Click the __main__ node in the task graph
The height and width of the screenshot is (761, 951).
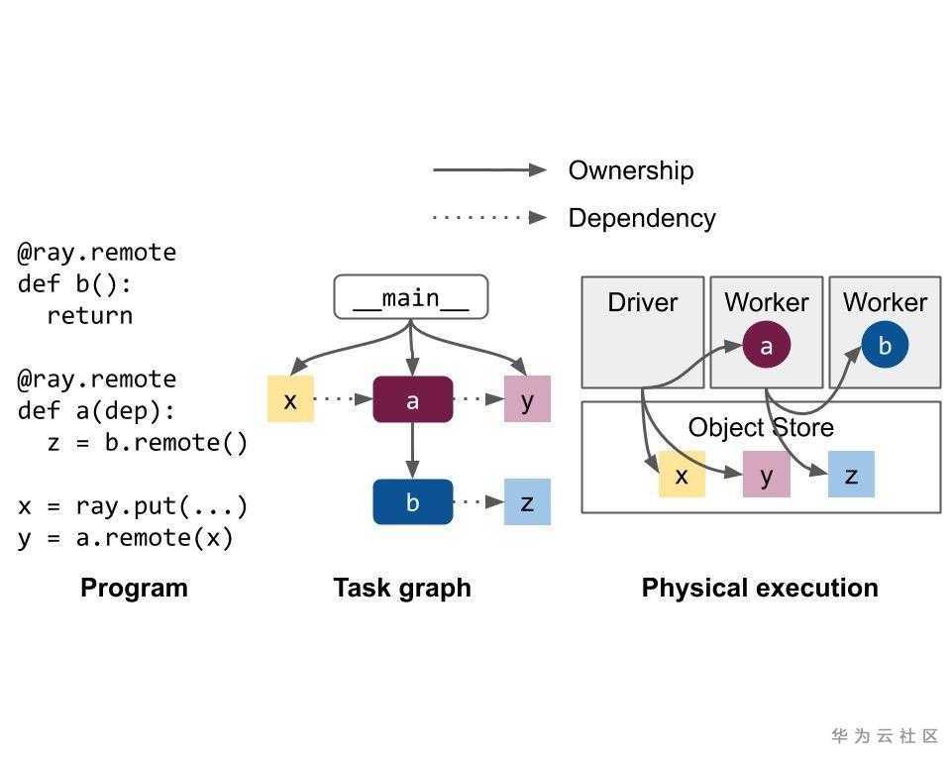point(410,297)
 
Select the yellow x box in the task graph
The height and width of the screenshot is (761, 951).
point(290,399)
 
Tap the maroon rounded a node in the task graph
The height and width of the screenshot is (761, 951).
point(412,399)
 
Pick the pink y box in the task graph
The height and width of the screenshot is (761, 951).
point(527,399)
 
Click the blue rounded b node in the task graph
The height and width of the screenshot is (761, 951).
point(412,502)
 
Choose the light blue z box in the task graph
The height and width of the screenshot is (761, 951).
point(527,502)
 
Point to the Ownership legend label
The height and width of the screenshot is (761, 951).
point(630,170)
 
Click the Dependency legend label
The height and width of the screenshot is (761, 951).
point(641,218)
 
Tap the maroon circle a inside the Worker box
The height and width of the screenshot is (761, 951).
point(766,346)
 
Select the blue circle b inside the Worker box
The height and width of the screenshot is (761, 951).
point(885,346)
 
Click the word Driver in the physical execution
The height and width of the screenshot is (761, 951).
point(642,302)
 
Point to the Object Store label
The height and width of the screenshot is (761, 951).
point(760,427)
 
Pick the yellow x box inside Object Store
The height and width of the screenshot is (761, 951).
point(682,475)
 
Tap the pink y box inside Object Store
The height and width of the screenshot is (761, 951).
point(766,475)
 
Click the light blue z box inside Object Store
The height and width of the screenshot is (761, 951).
point(851,475)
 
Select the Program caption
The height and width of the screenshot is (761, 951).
point(134,588)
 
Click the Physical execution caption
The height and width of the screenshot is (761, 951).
point(760,588)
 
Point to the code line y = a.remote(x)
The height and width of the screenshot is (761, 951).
point(125,538)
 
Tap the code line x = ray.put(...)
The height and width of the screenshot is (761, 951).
point(132,506)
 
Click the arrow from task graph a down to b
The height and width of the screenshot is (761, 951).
point(412,452)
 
